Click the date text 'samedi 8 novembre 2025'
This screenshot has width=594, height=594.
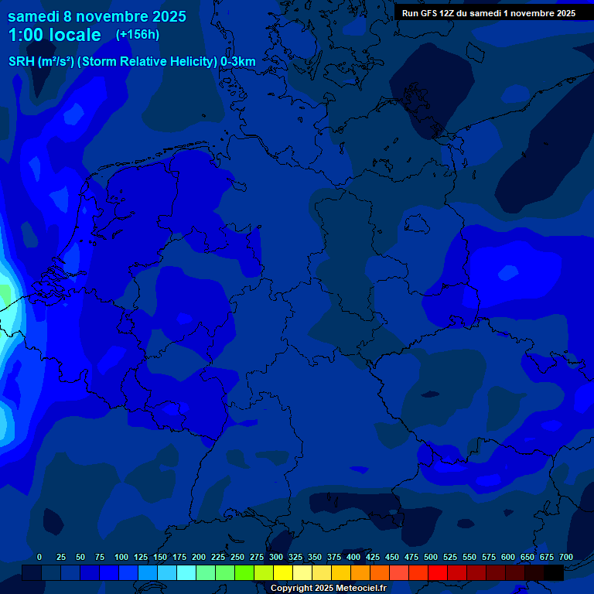click(x=97, y=15)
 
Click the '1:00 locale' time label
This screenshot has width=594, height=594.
click(x=54, y=35)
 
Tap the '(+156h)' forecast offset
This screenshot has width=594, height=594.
click(x=138, y=35)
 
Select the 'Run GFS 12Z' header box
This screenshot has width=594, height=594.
click(x=489, y=13)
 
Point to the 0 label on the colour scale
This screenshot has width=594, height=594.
click(x=39, y=557)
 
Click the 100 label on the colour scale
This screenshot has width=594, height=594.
click(x=121, y=557)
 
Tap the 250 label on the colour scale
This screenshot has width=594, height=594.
click(x=237, y=557)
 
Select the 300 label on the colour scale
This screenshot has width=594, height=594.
click(x=276, y=557)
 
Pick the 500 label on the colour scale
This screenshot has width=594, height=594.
click(x=431, y=557)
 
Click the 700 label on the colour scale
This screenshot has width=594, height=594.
click(x=566, y=557)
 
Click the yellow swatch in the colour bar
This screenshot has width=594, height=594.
click(x=283, y=573)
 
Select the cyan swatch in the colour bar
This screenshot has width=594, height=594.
click(x=186, y=573)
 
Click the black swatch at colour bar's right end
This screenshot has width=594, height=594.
click(x=554, y=573)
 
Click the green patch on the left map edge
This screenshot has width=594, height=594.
click(x=5, y=294)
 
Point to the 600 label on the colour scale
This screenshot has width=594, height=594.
click(x=508, y=557)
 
